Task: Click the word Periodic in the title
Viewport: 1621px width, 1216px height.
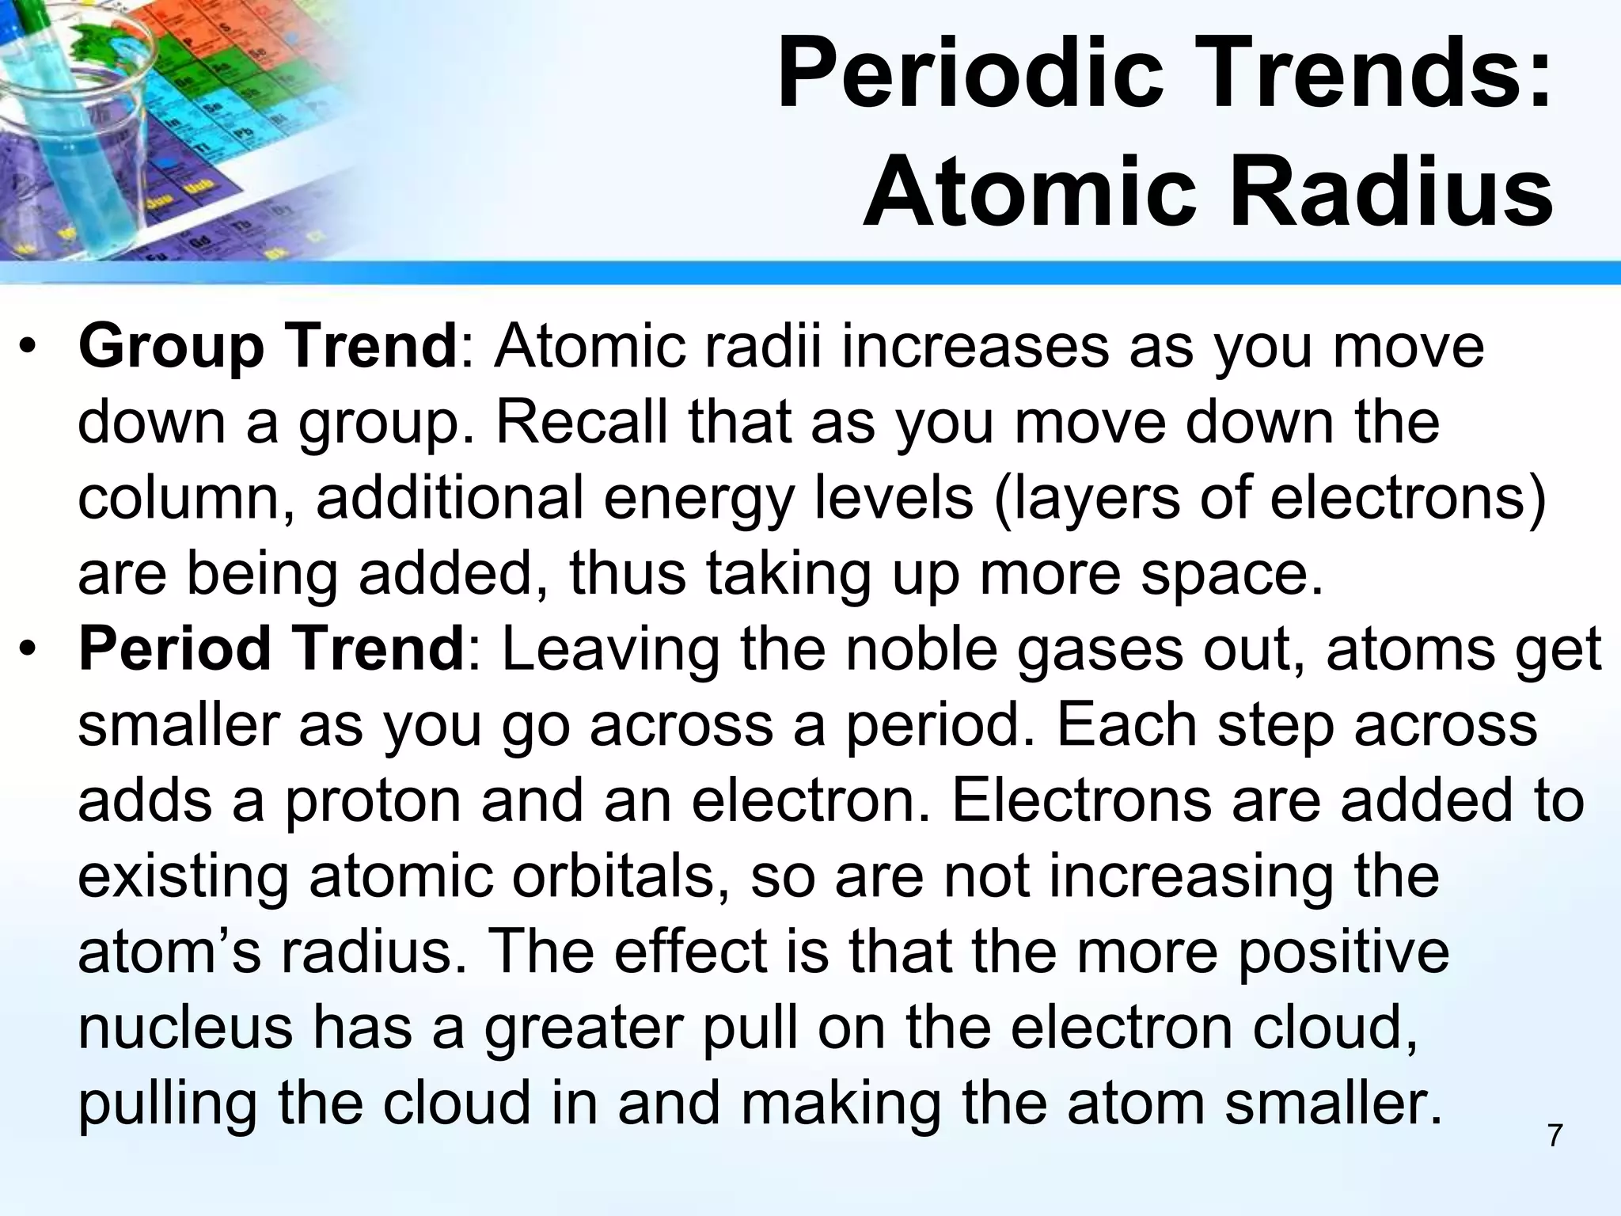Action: point(970,77)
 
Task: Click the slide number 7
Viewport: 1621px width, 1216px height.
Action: point(1555,1135)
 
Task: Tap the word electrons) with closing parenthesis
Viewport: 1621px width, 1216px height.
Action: point(1408,499)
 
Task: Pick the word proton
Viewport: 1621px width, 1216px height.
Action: point(372,801)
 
